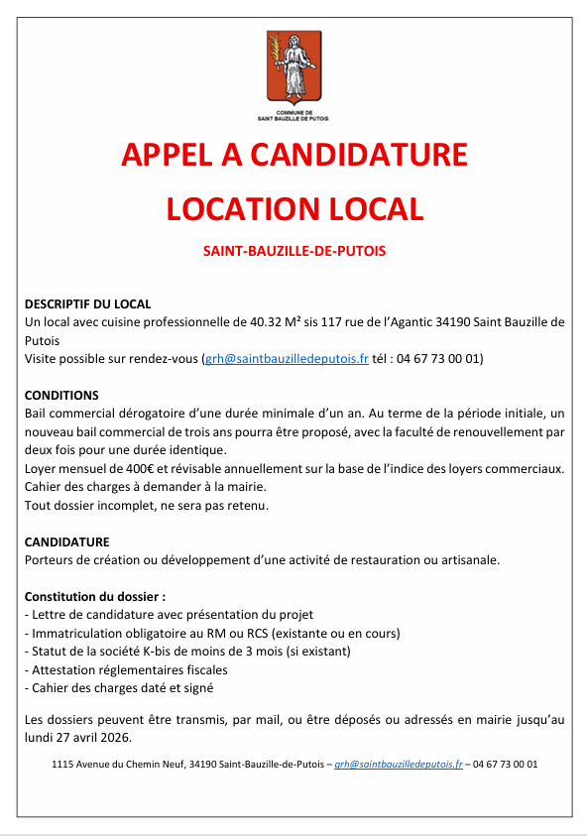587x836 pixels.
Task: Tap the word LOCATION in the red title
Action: [x=237, y=208]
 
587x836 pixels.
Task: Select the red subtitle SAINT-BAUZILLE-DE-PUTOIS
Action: [x=293, y=252]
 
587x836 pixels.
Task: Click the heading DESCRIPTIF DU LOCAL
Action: [x=87, y=304]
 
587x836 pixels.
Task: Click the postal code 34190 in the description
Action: [x=451, y=322]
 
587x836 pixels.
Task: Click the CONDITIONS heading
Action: [x=61, y=395]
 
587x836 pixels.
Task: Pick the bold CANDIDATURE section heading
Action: [x=67, y=542]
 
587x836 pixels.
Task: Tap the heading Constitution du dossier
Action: [x=94, y=597]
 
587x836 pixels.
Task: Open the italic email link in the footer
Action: [x=399, y=765]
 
